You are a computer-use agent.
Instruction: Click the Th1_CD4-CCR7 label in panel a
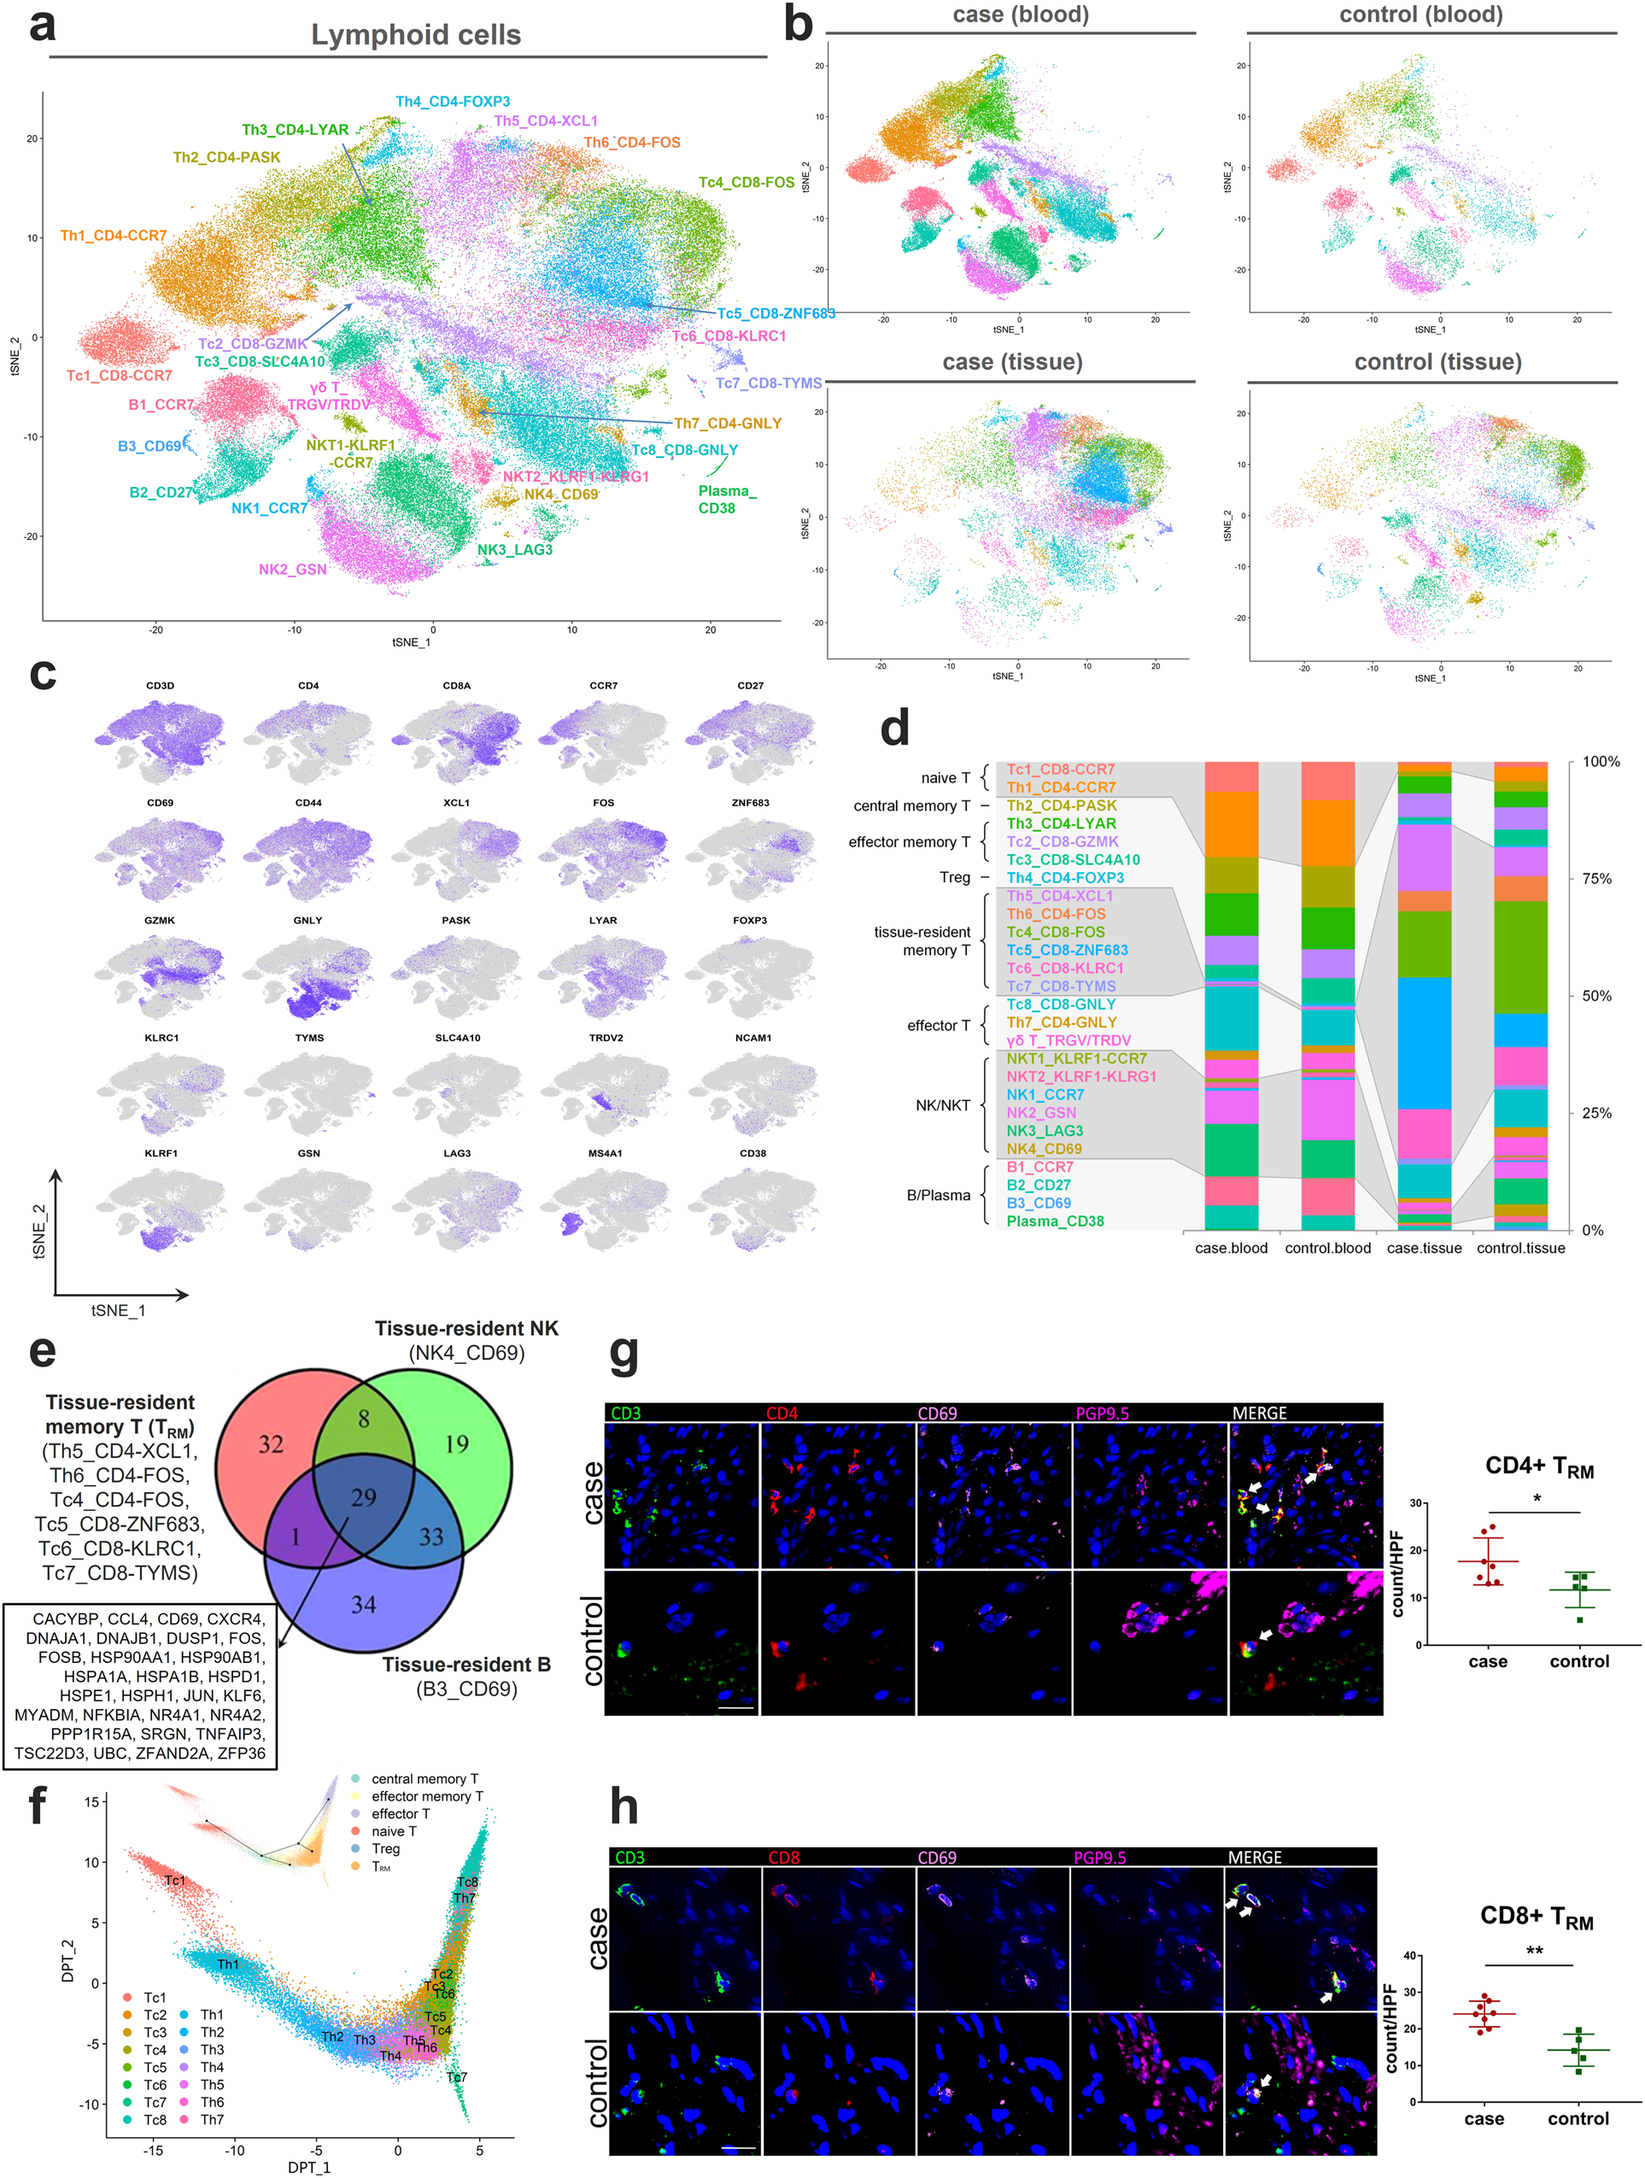coord(114,236)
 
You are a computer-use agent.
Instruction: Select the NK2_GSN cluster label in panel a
coord(292,569)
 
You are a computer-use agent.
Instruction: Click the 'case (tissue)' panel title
coord(1012,362)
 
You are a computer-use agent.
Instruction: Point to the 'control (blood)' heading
coord(1420,15)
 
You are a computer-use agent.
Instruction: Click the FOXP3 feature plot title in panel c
coord(749,920)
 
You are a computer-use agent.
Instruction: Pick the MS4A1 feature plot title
coord(605,1153)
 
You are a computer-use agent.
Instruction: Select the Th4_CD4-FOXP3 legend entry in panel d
coord(1064,877)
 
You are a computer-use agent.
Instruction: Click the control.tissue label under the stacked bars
coord(1520,1248)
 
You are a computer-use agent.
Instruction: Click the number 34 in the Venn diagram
coord(363,1604)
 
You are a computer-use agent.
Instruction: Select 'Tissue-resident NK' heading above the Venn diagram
coord(465,1328)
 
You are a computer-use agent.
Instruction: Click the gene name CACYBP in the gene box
coord(66,1619)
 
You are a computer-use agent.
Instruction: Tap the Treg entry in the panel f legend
coord(385,1849)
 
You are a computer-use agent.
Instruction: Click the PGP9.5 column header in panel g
coord(1102,1414)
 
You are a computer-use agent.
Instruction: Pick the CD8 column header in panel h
coord(783,1858)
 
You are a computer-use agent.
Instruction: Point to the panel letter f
coord(37,1805)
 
